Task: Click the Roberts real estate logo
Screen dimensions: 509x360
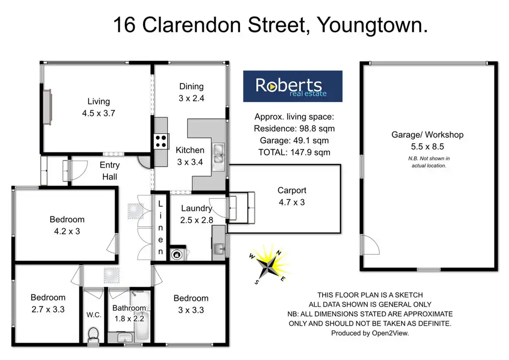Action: tap(292, 87)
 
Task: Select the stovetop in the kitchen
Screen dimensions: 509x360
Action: tap(161, 141)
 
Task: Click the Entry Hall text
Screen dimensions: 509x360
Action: tap(109, 171)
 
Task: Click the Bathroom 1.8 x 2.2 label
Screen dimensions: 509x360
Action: tap(129, 313)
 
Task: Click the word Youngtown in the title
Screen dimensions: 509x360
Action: tap(372, 25)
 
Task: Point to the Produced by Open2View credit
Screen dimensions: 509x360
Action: tap(370, 334)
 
